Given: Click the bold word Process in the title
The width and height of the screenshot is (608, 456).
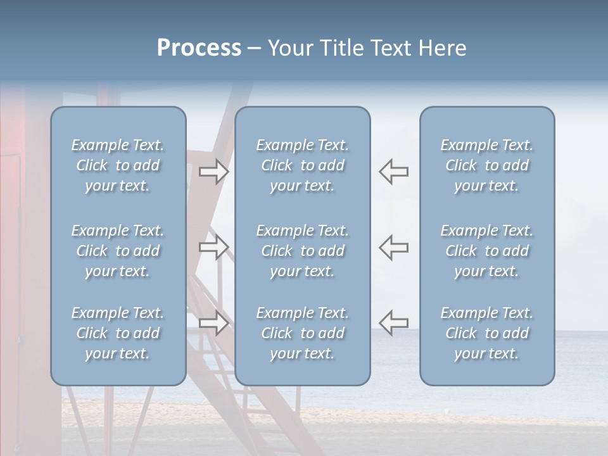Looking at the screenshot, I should coord(199,48).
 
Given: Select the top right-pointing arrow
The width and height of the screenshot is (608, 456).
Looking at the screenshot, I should coord(213,172).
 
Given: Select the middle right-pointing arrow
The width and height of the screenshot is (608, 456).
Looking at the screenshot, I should coord(213,246).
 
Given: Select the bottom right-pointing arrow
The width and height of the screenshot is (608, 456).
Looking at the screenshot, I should coord(213,322).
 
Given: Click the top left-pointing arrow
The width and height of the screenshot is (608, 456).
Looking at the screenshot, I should coord(394,172).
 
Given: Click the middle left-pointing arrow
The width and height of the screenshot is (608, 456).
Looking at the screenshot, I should coord(394,246).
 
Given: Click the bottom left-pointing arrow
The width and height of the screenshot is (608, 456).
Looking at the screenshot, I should coord(394,322).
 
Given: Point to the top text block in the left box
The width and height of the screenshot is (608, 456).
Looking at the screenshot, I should coord(118,165).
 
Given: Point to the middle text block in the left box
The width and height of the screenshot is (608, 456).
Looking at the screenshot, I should coord(118,251).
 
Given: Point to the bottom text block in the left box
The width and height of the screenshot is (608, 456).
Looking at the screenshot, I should coord(118,333).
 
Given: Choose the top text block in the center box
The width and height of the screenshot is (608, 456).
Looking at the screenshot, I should coord(303,165).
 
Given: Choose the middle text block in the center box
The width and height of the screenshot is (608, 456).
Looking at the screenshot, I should coord(303,251).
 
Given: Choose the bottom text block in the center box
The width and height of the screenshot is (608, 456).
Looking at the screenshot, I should coord(303,333).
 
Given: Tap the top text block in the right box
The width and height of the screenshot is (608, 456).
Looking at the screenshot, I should coord(487,165).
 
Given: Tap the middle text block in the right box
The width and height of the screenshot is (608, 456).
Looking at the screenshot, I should coord(487,251).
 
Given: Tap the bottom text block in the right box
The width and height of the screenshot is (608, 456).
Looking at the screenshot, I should coord(487,333).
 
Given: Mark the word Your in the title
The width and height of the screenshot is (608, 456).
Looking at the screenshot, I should coord(289,48).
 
